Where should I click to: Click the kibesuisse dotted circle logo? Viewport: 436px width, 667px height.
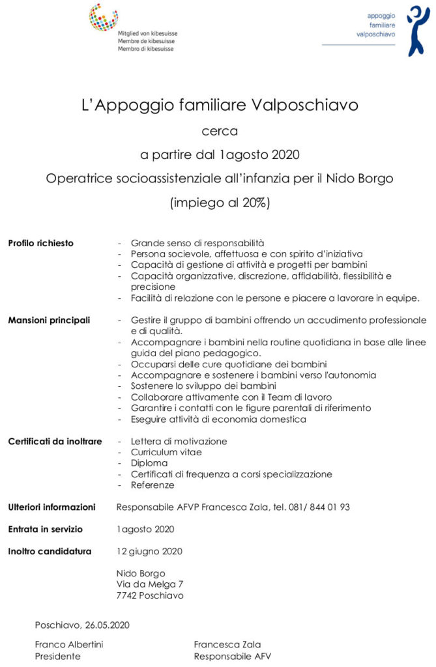click(104, 18)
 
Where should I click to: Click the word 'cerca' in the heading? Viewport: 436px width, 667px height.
click(220, 130)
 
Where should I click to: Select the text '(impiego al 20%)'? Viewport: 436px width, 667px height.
click(220, 203)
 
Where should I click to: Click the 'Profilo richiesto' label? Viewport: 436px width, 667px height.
click(40, 244)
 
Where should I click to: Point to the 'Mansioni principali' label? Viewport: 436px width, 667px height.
click(49, 320)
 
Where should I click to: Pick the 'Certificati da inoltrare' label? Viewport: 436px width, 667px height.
click(55, 442)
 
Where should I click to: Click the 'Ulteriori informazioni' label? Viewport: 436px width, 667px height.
click(51, 507)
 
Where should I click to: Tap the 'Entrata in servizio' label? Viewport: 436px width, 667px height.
click(45, 529)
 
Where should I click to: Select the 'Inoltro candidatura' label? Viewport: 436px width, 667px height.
click(50, 551)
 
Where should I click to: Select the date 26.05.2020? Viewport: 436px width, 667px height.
click(107, 625)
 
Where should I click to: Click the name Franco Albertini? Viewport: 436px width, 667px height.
click(69, 645)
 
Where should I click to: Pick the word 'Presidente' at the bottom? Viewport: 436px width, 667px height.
click(57, 656)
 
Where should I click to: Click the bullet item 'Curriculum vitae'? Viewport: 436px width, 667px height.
click(166, 452)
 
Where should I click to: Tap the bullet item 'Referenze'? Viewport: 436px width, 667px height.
click(153, 485)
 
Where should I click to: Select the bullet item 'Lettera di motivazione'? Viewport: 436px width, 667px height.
click(179, 441)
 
